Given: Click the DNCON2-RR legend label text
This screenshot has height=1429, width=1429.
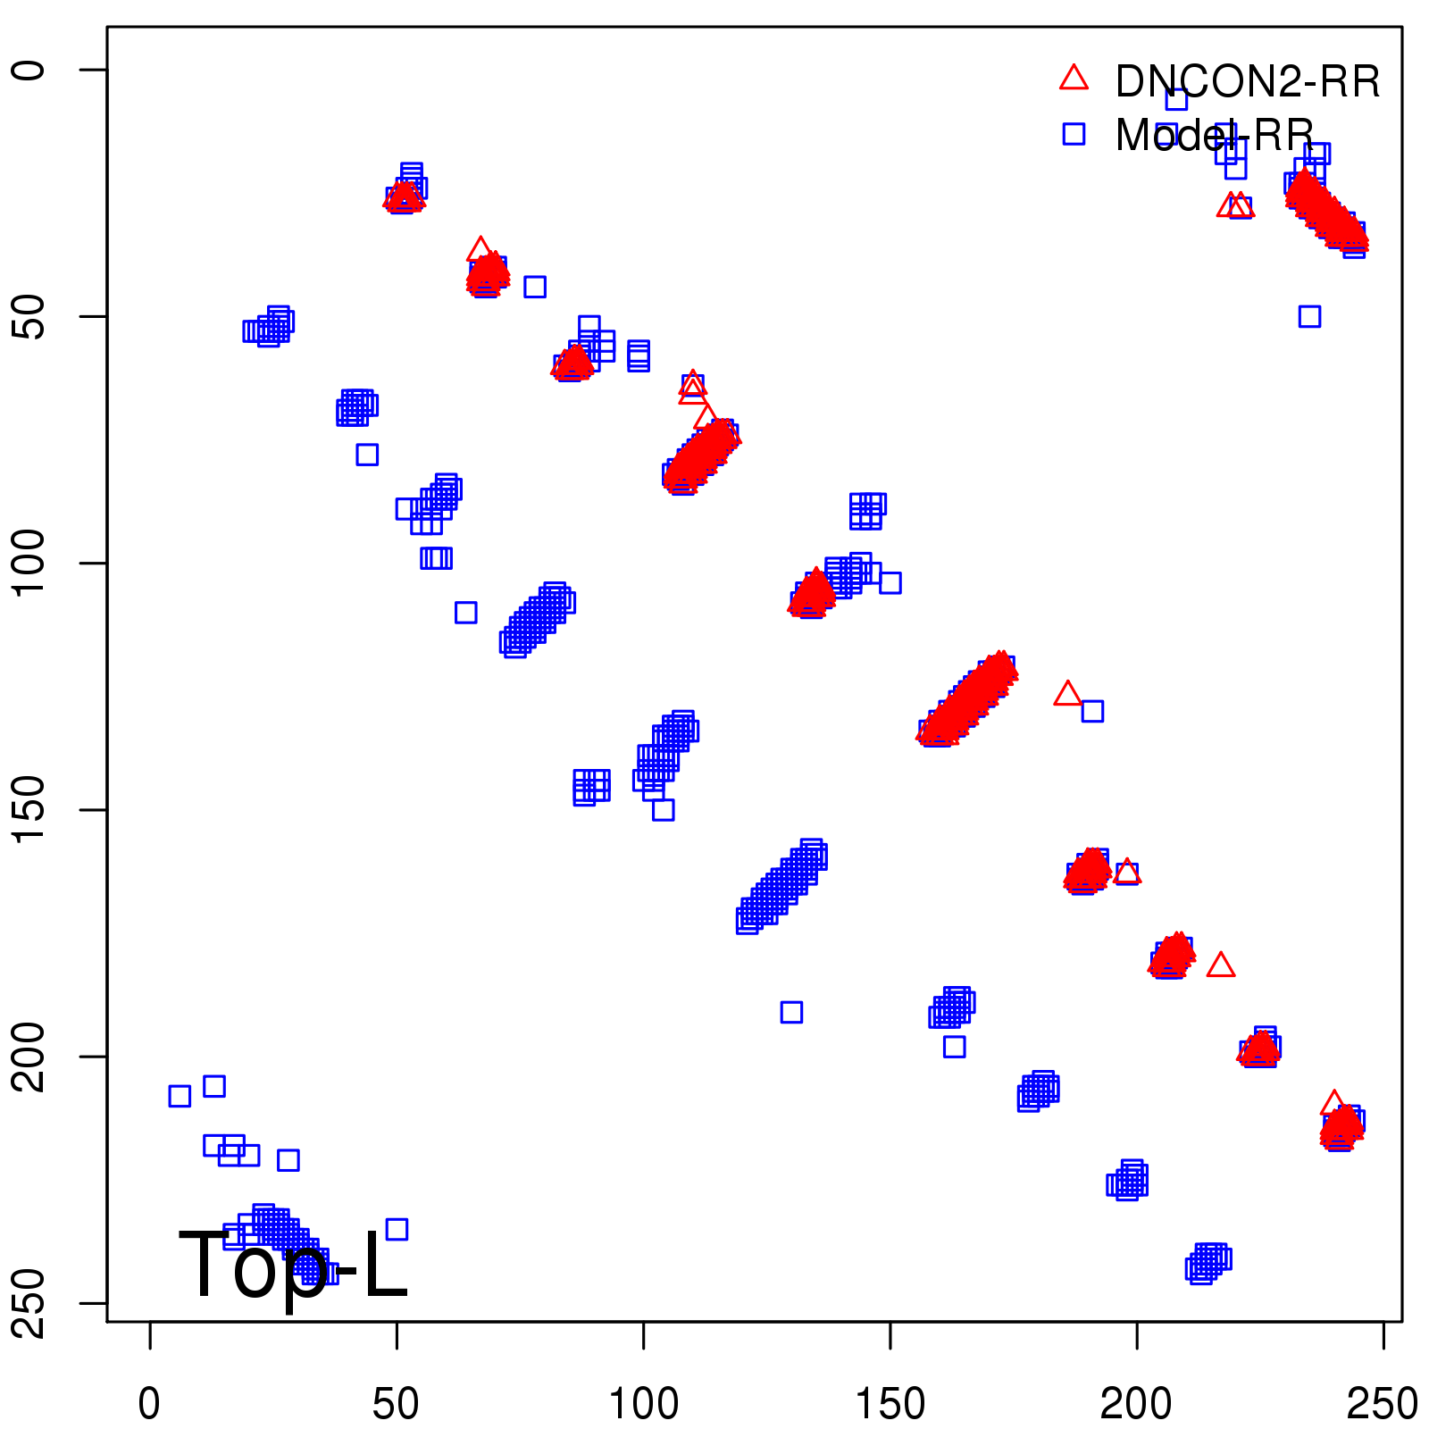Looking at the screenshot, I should [1247, 82].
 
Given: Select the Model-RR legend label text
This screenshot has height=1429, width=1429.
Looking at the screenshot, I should [1215, 136].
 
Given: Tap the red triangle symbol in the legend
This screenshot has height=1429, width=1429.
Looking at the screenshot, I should [1074, 79].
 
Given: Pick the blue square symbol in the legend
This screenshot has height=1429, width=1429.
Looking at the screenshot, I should [1074, 134].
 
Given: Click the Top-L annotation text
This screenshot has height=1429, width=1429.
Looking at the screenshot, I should [293, 1265].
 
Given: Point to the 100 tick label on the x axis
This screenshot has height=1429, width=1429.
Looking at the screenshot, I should [643, 1404].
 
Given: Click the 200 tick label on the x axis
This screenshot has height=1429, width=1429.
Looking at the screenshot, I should [1136, 1404].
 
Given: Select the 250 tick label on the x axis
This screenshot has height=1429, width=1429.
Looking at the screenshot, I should [1383, 1404].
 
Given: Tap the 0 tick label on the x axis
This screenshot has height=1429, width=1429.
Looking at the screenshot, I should [149, 1404].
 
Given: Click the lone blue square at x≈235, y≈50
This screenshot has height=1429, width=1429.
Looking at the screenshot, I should [1309, 316].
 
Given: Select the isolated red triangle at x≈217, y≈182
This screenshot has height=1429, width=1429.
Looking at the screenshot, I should [1221, 965].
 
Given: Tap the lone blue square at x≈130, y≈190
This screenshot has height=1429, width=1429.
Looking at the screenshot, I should [791, 1012].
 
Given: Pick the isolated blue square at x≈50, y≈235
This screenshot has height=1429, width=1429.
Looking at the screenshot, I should [397, 1229].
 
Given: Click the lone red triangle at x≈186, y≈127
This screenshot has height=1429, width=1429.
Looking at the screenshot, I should [1067, 694].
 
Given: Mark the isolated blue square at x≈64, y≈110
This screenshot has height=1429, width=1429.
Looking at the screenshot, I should [465, 613].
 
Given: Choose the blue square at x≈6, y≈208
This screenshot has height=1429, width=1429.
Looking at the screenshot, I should [180, 1096].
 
